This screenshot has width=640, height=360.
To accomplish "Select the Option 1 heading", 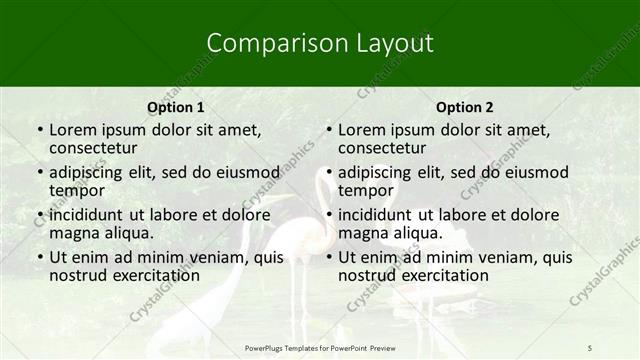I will coord(176,107).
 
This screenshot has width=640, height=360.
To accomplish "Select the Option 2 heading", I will coord(465,107).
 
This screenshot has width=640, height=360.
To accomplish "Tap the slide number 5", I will coord(590,347).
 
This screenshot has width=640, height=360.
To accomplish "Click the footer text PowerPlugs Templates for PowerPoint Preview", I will coord(320,347).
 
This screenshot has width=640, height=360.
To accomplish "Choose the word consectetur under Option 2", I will coord(388,149).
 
